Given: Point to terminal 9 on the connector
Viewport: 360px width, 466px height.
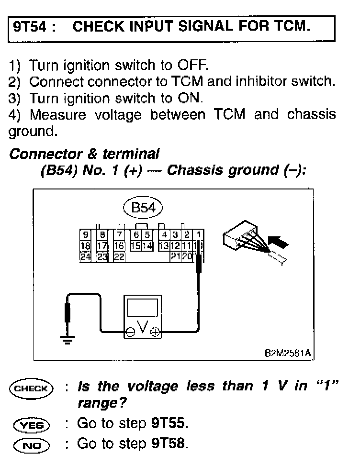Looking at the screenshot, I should [86, 235].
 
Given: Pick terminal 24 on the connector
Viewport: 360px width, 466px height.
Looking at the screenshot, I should [86, 256].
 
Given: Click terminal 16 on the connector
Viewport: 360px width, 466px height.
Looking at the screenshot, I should [119, 245].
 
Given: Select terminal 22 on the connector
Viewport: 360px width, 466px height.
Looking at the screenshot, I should [119, 256].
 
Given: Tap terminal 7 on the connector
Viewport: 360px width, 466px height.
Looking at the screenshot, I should [119, 235].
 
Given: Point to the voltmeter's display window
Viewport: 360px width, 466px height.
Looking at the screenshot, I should [143, 306].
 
